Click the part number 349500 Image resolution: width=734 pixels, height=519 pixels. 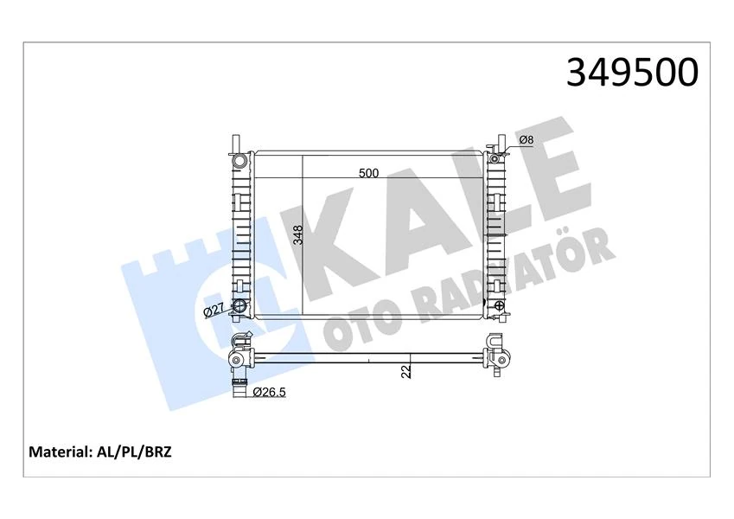(x=631, y=73)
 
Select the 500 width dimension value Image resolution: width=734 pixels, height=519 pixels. (x=369, y=173)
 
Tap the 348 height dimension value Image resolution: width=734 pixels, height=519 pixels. (x=297, y=235)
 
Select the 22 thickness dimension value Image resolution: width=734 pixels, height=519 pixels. (x=405, y=372)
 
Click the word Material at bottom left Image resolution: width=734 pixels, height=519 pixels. (x=60, y=452)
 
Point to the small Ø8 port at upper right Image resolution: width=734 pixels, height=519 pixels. (x=495, y=157)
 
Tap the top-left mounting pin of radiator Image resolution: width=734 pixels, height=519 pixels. (x=233, y=142)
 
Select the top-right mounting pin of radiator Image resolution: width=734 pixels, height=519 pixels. (x=501, y=141)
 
